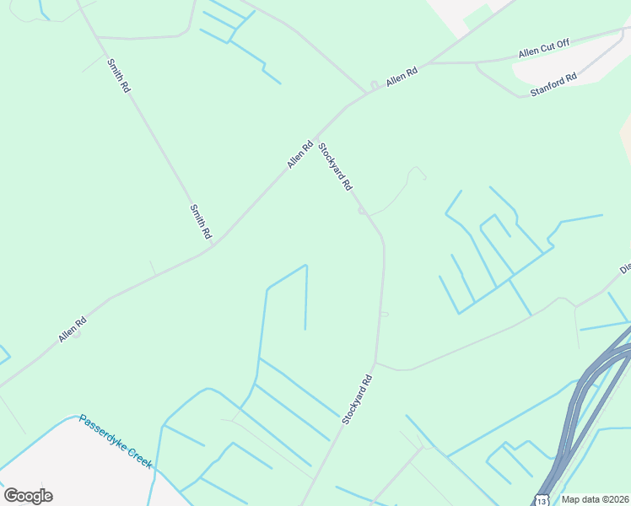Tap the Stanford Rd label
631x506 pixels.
coord(553,83)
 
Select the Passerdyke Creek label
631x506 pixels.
coord(116,441)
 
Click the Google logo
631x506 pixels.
coord(28,495)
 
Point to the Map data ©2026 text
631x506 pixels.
coord(596,499)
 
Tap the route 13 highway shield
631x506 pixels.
coord(541,500)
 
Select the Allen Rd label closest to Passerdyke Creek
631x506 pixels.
coord(73,328)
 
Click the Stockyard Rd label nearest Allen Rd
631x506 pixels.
coord(334,167)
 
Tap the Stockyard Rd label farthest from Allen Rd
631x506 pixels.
coord(358,399)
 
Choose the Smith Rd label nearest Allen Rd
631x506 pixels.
coord(200,222)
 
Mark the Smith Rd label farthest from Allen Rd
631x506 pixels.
coord(118,74)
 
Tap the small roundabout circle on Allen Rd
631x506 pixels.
coord(373,85)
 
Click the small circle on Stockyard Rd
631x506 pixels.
coord(361,211)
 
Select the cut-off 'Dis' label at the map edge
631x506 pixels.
coord(625,269)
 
